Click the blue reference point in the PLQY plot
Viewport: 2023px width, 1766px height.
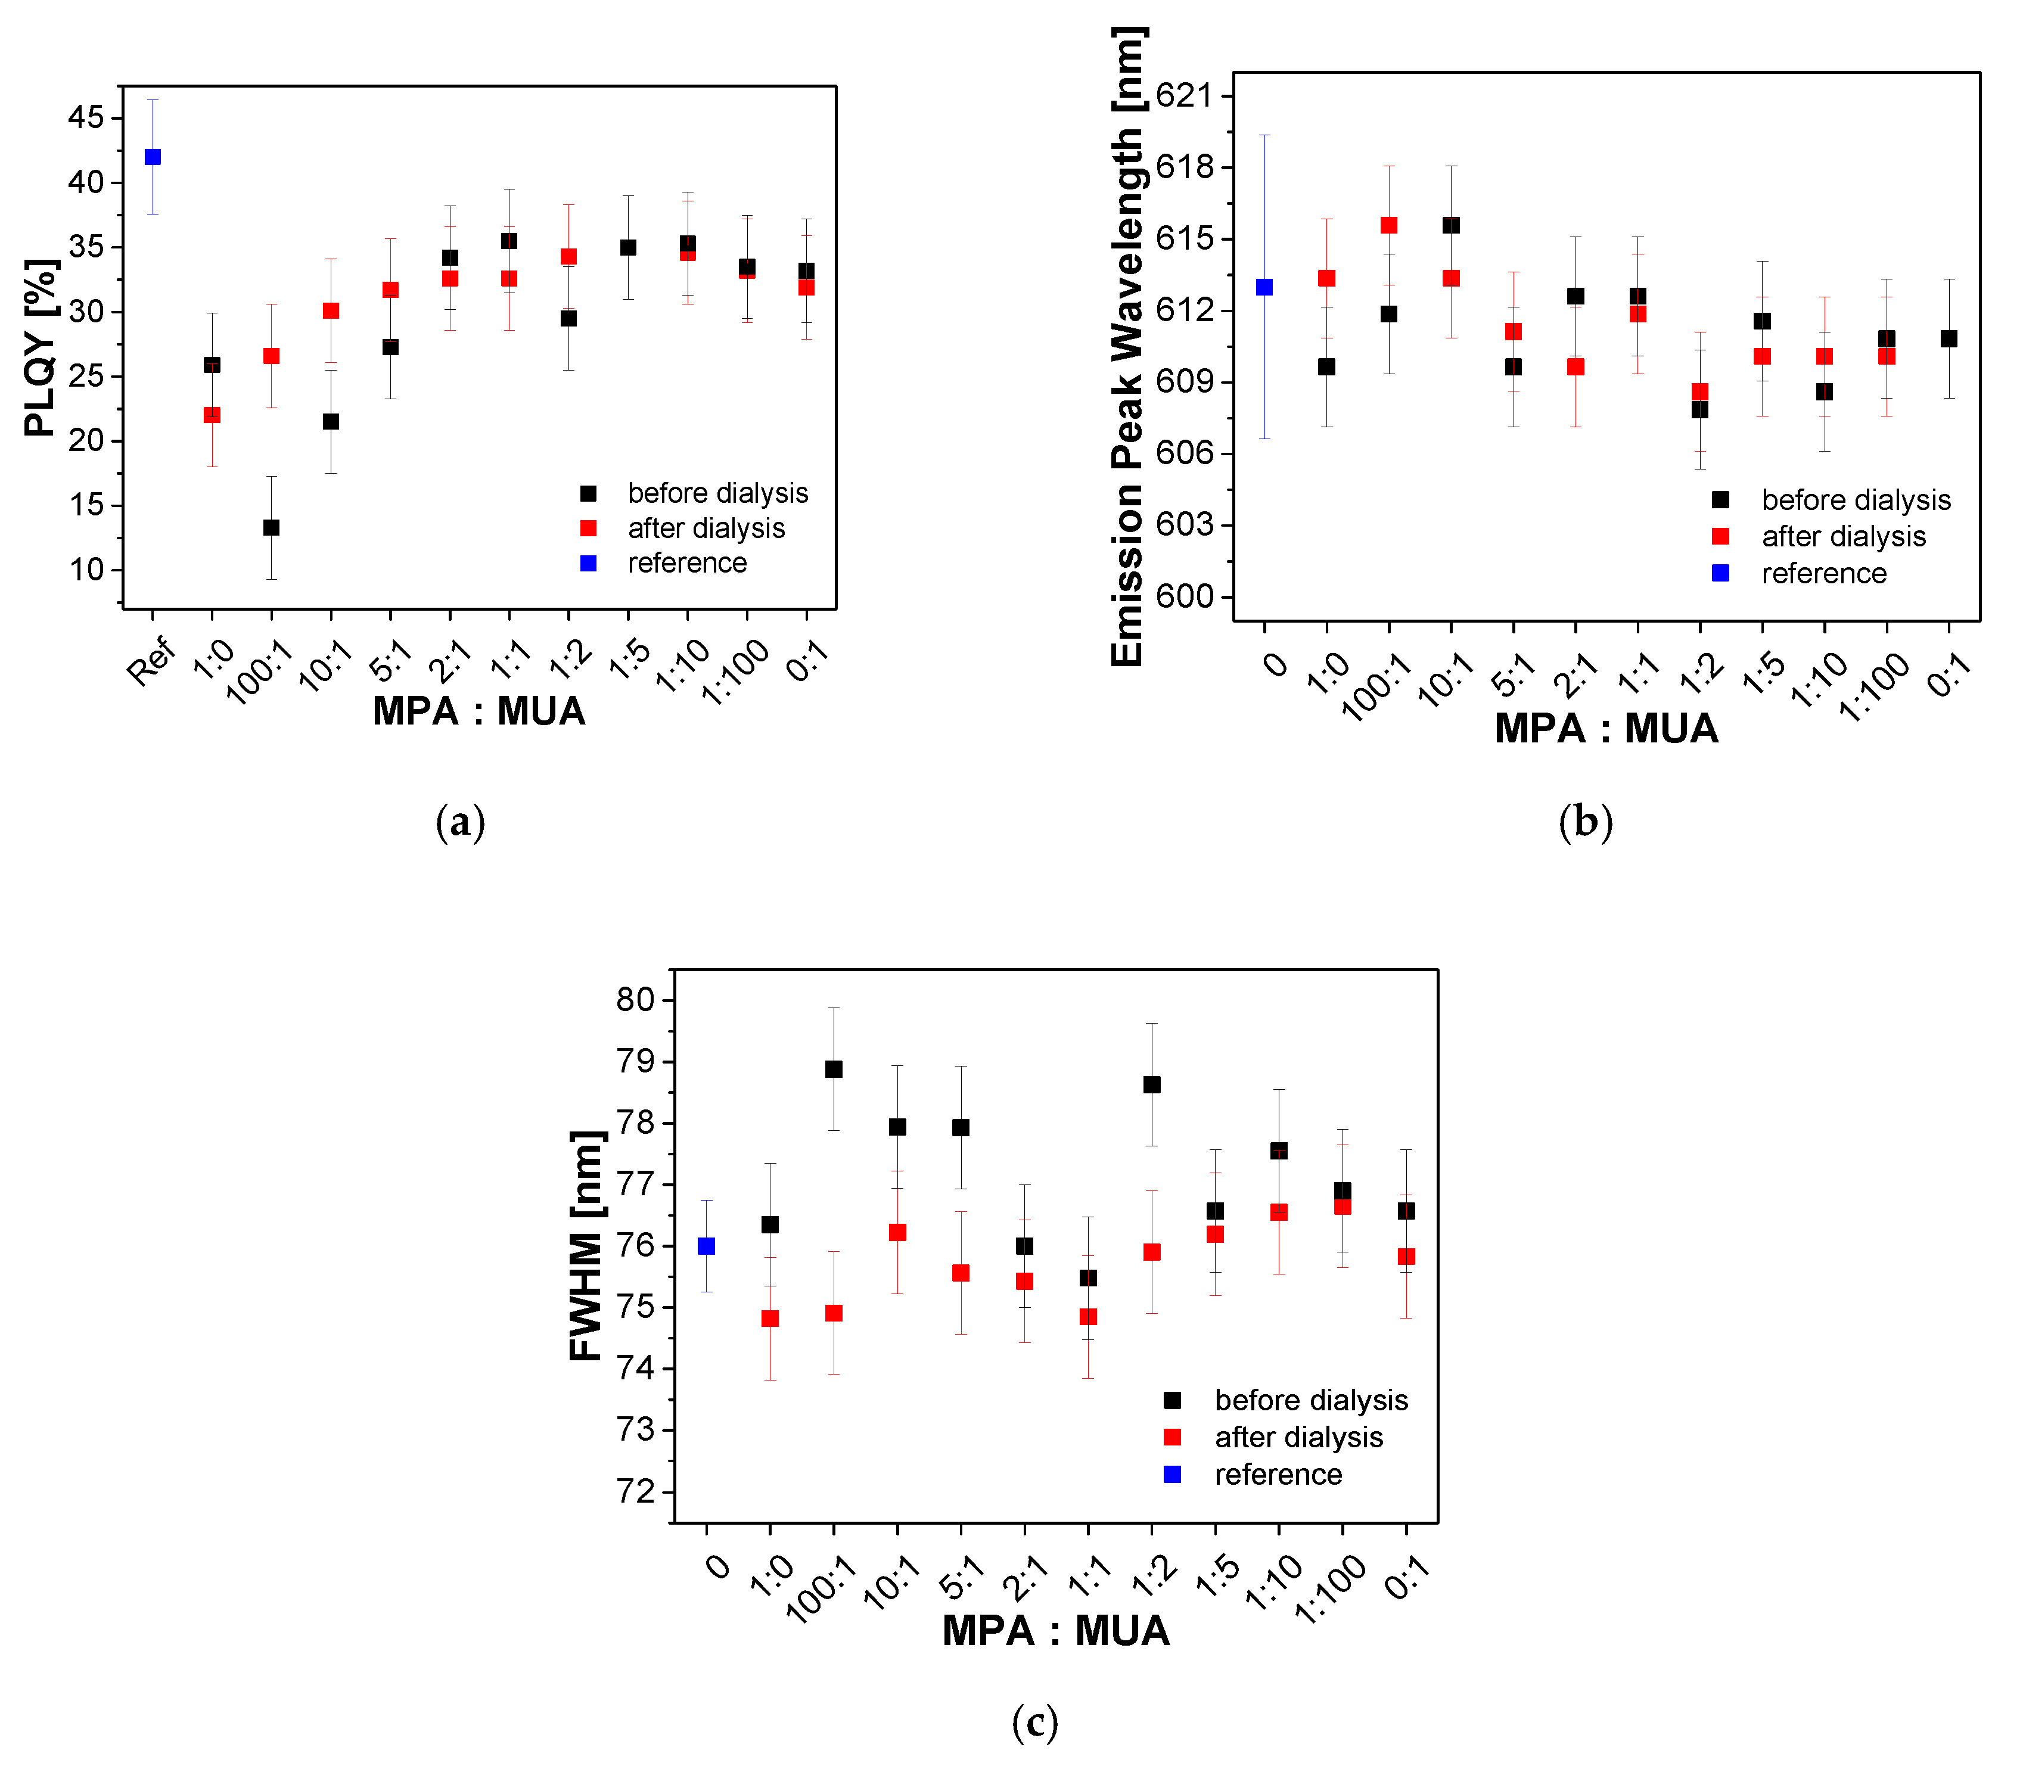[153, 157]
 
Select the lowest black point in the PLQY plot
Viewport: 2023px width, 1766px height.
[271, 527]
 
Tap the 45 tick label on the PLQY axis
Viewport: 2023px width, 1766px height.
[86, 117]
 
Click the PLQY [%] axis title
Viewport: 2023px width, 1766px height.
[41, 348]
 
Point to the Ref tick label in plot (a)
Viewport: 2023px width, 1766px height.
[151, 661]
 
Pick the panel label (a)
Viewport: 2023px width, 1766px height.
[460, 822]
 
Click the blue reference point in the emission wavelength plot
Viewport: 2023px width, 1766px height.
[1264, 287]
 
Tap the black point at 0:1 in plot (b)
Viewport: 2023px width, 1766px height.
[1948, 338]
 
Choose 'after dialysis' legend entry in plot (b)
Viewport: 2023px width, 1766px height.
[1842, 536]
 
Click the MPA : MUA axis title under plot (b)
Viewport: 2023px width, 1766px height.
[1605, 728]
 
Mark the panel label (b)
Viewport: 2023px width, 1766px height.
[1586, 822]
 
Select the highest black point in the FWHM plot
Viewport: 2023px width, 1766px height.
[834, 1069]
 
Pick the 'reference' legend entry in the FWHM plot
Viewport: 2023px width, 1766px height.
[1277, 1474]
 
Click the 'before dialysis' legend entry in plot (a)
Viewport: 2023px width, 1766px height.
[717, 493]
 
